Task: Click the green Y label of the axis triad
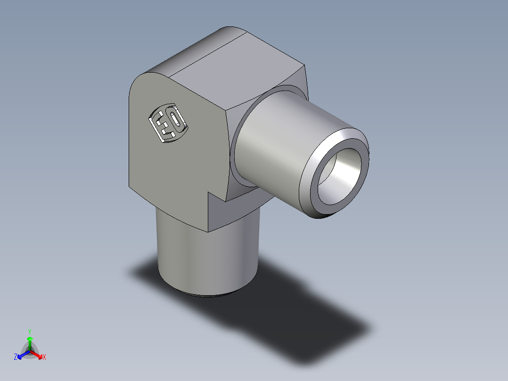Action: [30, 331]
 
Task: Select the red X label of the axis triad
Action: [44, 357]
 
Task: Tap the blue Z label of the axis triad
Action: [16, 357]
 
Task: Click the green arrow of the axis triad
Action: [30, 342]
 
